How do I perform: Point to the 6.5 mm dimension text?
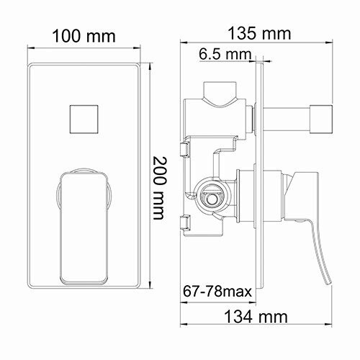(225, 53)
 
